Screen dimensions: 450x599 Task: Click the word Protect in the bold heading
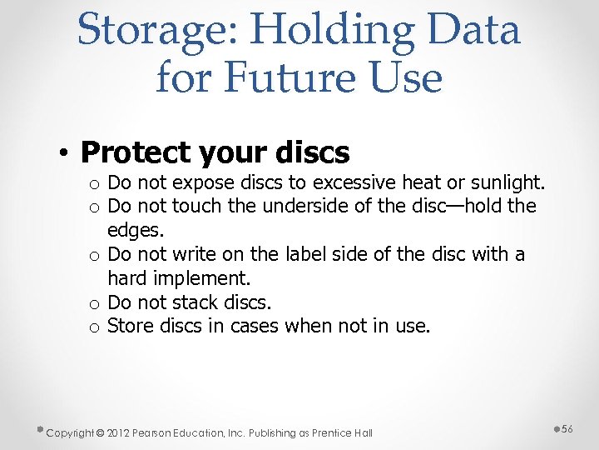tap(136, 152)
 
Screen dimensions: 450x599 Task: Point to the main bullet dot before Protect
tap(63, 153)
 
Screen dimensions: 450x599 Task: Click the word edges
tap(136, 229)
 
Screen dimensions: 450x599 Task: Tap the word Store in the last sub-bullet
tap(131, 326)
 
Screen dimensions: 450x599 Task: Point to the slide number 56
tap(567, 427)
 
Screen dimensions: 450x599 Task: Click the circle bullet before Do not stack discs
tap(96, 302)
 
